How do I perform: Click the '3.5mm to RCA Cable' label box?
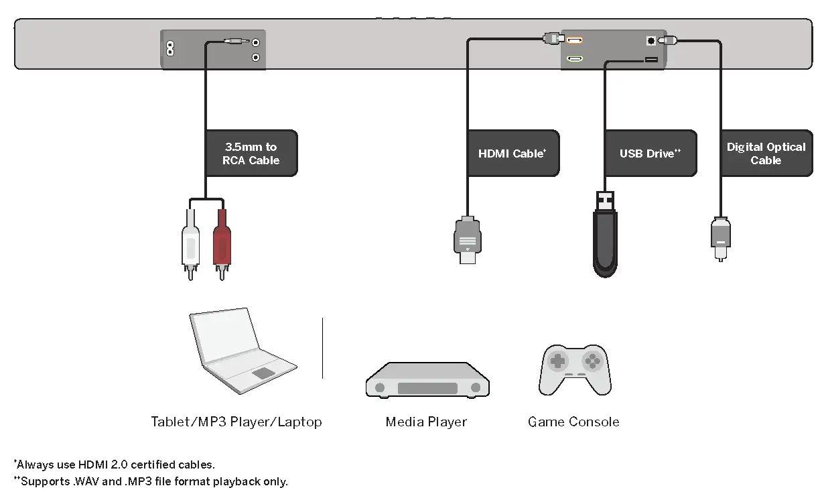coord(251,153)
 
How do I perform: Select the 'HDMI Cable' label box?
coord(512,153)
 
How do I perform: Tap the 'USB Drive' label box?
coord(650,153)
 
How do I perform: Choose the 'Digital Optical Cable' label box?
coord(766,153)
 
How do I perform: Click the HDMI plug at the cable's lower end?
coord(468,240)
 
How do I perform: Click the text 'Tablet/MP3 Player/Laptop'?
coord(236,422)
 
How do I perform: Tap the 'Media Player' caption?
coord(426,422)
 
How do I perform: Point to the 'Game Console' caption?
coord(573,422)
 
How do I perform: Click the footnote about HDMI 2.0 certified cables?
coord(115,464)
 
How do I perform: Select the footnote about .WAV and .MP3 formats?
coord(151,481)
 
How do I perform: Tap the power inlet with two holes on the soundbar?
coord(170,49)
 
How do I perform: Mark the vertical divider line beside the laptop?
coord(322,349)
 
